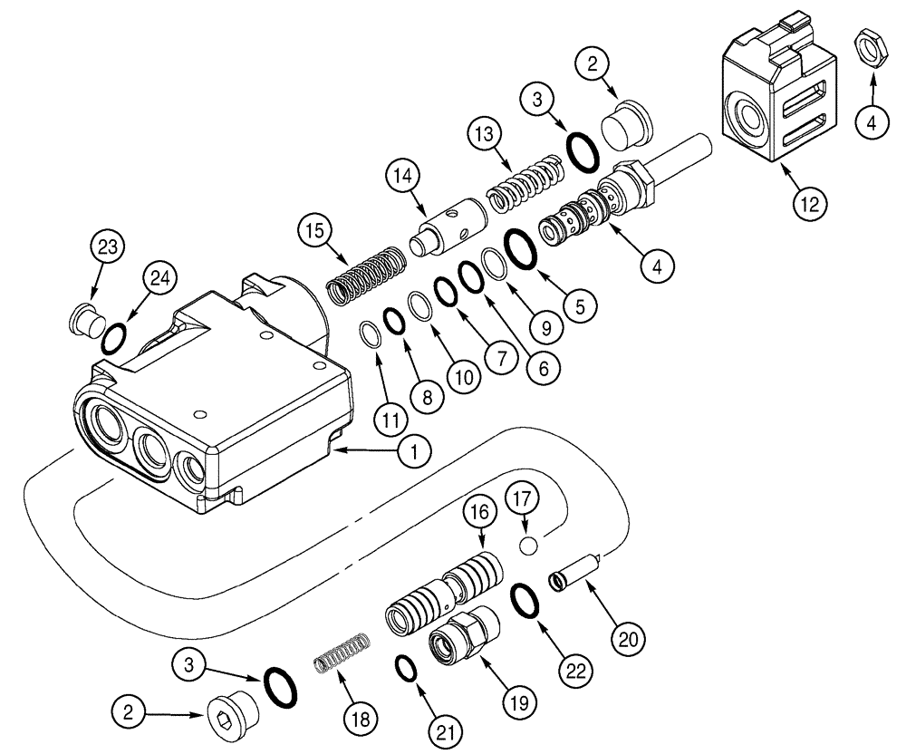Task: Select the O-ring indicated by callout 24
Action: point(114,340)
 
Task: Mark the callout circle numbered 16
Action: point(480,515)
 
